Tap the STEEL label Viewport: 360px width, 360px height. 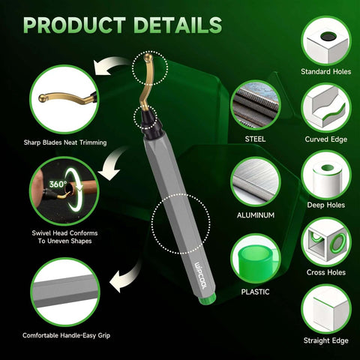(x=254, y=139)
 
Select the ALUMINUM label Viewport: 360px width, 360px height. (x=254, y=215)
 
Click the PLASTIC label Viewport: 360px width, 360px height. (x=254, y=291)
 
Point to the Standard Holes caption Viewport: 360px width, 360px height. (x=326, y=71)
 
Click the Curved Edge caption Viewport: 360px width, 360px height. (x=326, y=139)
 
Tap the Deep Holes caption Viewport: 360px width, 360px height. (x=326, y=205)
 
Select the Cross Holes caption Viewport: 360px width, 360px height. (x=326, y=274)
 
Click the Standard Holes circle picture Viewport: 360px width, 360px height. (x=326, y=37)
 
